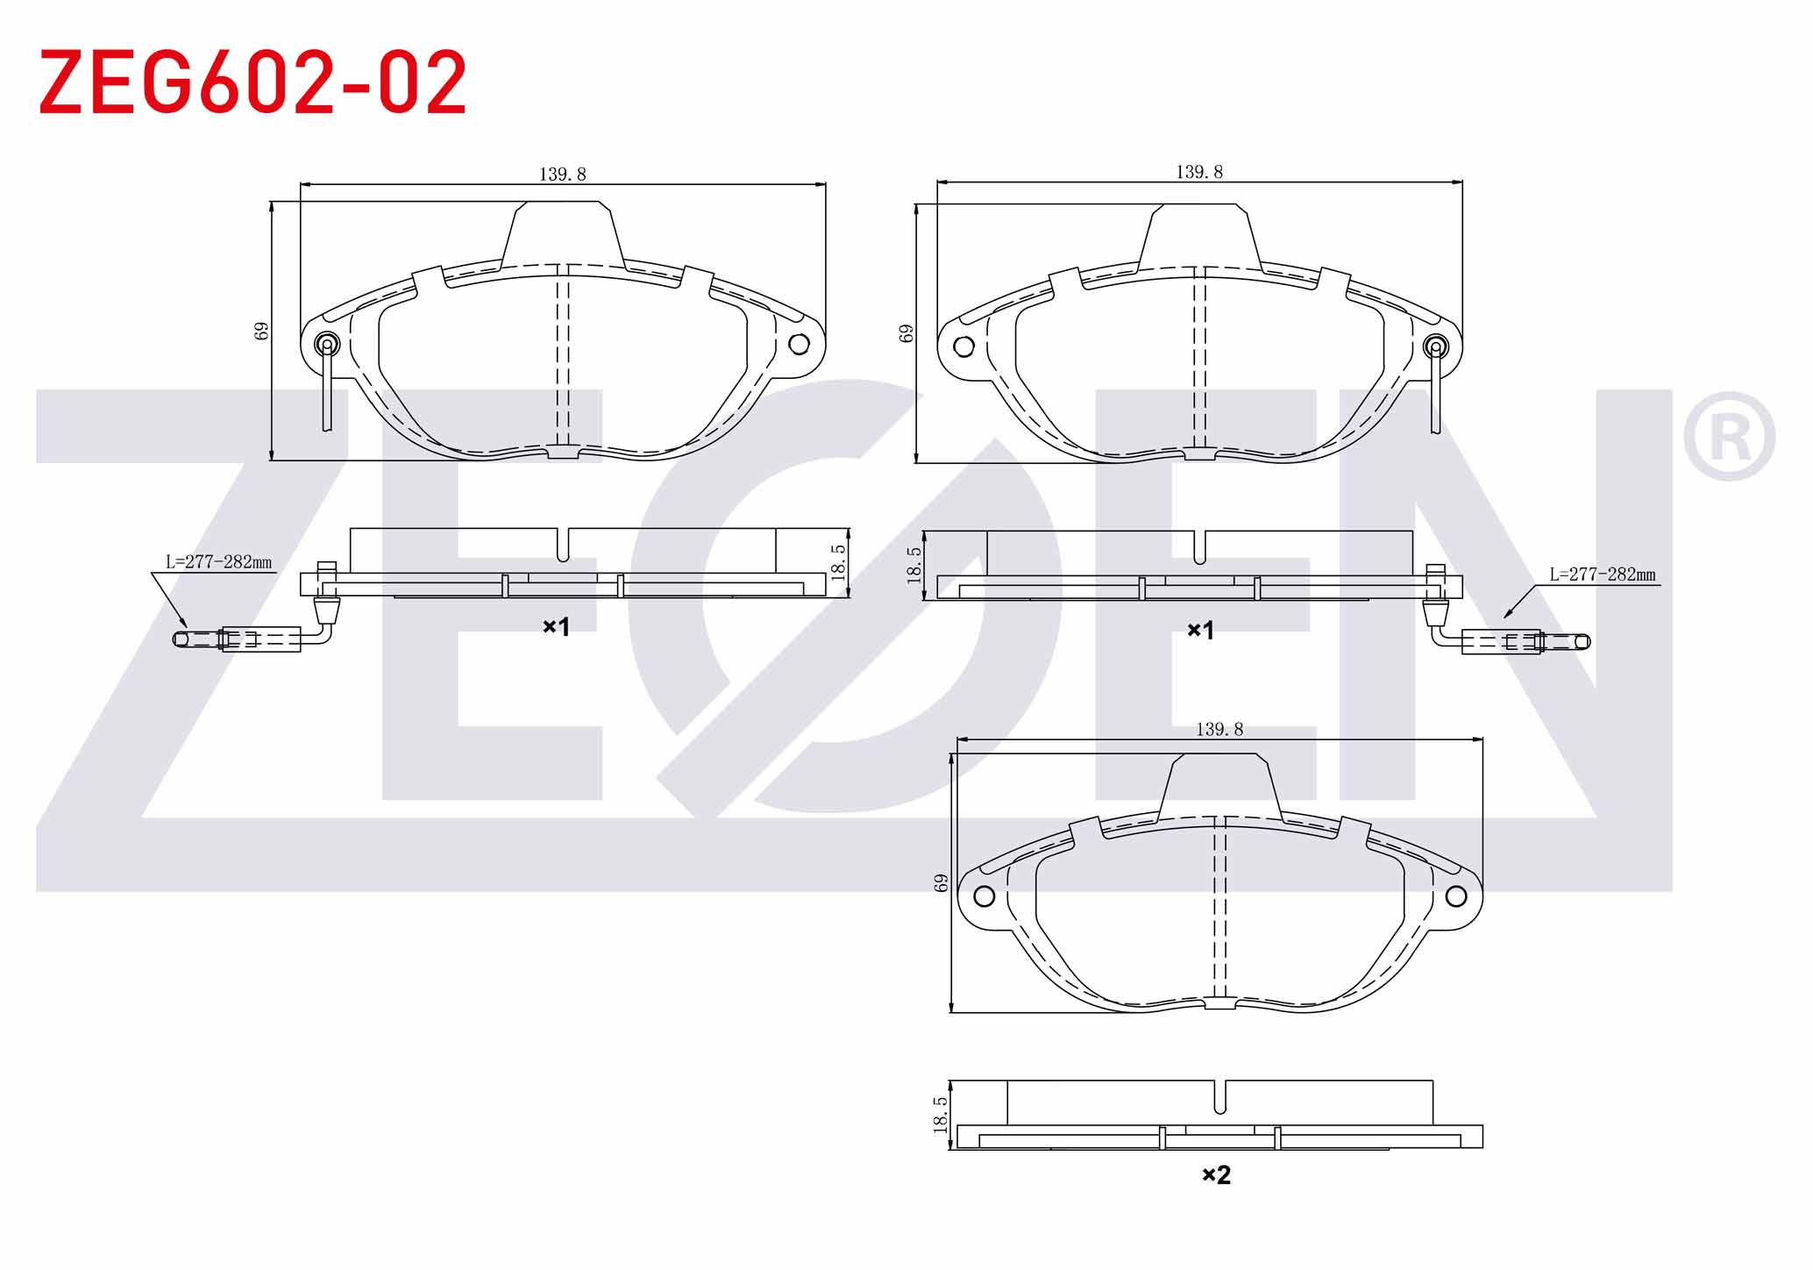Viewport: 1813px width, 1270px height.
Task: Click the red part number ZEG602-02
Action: tap(253, 82)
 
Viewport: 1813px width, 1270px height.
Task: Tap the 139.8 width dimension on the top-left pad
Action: tap(562, 175)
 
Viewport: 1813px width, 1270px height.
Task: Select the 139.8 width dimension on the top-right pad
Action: tap(1198, 172)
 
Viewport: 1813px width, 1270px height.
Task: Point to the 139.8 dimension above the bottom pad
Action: tap(1219, 729)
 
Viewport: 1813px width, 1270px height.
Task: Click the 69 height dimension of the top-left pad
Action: tap(261, 331)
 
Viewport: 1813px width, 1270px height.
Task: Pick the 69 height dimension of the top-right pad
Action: tap(906, 333)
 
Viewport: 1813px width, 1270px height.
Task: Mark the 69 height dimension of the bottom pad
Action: tap(942, 882)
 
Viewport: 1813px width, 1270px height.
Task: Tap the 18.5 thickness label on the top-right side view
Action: tap(914, 565)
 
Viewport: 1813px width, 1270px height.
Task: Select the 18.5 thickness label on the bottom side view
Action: tap(940, 1115)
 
